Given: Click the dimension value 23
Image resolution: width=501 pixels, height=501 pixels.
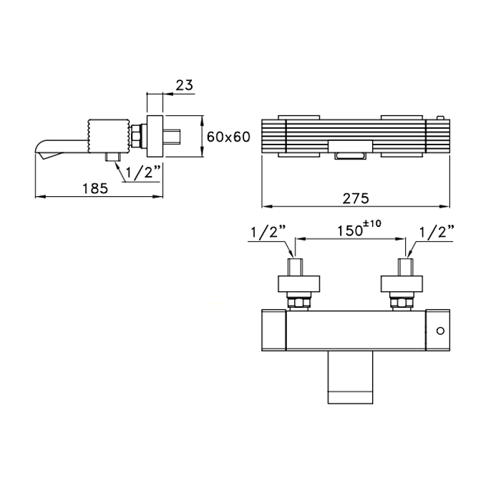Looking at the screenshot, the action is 185,85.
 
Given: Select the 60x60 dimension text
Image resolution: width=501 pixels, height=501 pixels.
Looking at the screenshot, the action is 228,137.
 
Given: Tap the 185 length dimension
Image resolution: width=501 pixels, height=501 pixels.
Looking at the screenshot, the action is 95,188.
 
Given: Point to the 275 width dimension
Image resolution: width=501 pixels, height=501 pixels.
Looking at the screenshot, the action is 356,199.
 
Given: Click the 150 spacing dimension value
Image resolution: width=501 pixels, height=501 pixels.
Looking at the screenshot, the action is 351,230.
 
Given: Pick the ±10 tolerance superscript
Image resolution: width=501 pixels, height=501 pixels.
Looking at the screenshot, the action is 373,223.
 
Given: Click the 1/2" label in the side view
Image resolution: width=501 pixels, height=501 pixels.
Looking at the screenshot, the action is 142,172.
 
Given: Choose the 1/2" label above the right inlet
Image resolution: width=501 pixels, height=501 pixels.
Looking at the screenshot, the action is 437,232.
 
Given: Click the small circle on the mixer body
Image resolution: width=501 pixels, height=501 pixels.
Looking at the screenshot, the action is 440,331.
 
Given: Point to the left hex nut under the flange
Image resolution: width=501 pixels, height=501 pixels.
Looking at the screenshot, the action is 298,302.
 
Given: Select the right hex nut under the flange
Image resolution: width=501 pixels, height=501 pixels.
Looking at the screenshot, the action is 402,302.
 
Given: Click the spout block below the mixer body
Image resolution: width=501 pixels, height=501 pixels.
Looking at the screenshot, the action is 351,377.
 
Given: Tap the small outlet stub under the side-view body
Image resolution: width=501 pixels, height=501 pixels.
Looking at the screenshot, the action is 113,157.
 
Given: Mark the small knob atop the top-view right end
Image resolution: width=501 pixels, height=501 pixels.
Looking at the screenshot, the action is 441,118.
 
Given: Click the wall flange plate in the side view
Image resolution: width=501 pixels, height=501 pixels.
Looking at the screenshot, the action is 155,136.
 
